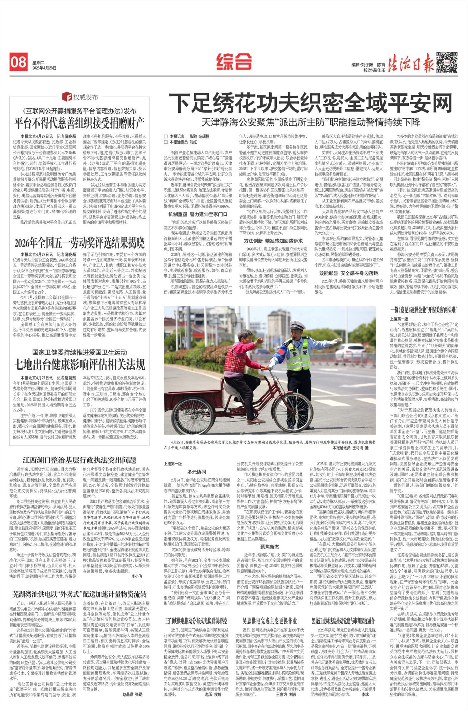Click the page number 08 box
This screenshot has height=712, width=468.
coord(18,62)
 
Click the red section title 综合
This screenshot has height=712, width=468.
coord(234,61)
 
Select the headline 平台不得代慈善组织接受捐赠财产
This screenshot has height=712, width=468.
coord(80,123)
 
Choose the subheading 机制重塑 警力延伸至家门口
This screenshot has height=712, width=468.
coord(198,214)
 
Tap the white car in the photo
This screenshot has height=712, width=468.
coord(349,351)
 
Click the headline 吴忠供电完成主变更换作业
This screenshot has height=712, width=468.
coord(270,620)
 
